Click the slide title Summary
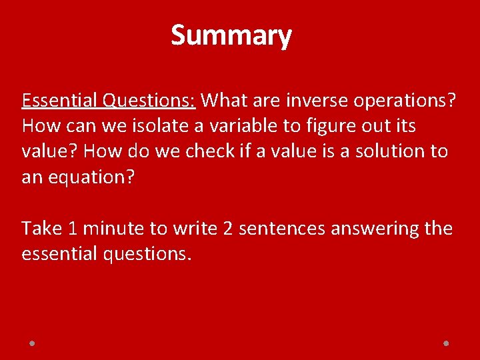[231, 35]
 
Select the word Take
[41, 229]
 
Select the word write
[195, 229]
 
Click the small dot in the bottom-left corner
[32, 343]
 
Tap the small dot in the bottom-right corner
[446, 343]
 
